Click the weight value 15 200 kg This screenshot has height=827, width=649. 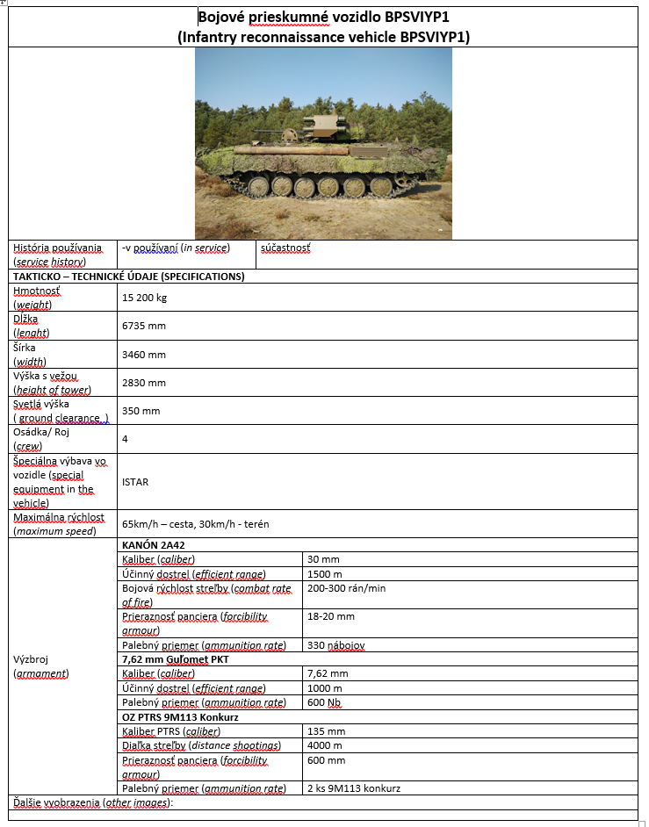[144, 298]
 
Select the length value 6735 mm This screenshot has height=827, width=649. [144, 326]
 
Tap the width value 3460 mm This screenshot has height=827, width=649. [144, 355]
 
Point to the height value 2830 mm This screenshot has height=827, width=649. [144, 383]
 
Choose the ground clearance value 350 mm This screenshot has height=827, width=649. [141, 411]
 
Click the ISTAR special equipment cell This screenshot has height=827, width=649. [135, 482]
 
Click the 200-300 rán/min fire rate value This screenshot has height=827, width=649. [346, 588]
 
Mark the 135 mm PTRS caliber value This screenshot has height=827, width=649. [326, 731]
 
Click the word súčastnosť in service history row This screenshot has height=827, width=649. [285, 248]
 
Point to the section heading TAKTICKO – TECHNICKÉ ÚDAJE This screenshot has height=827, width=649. [128, 276]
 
